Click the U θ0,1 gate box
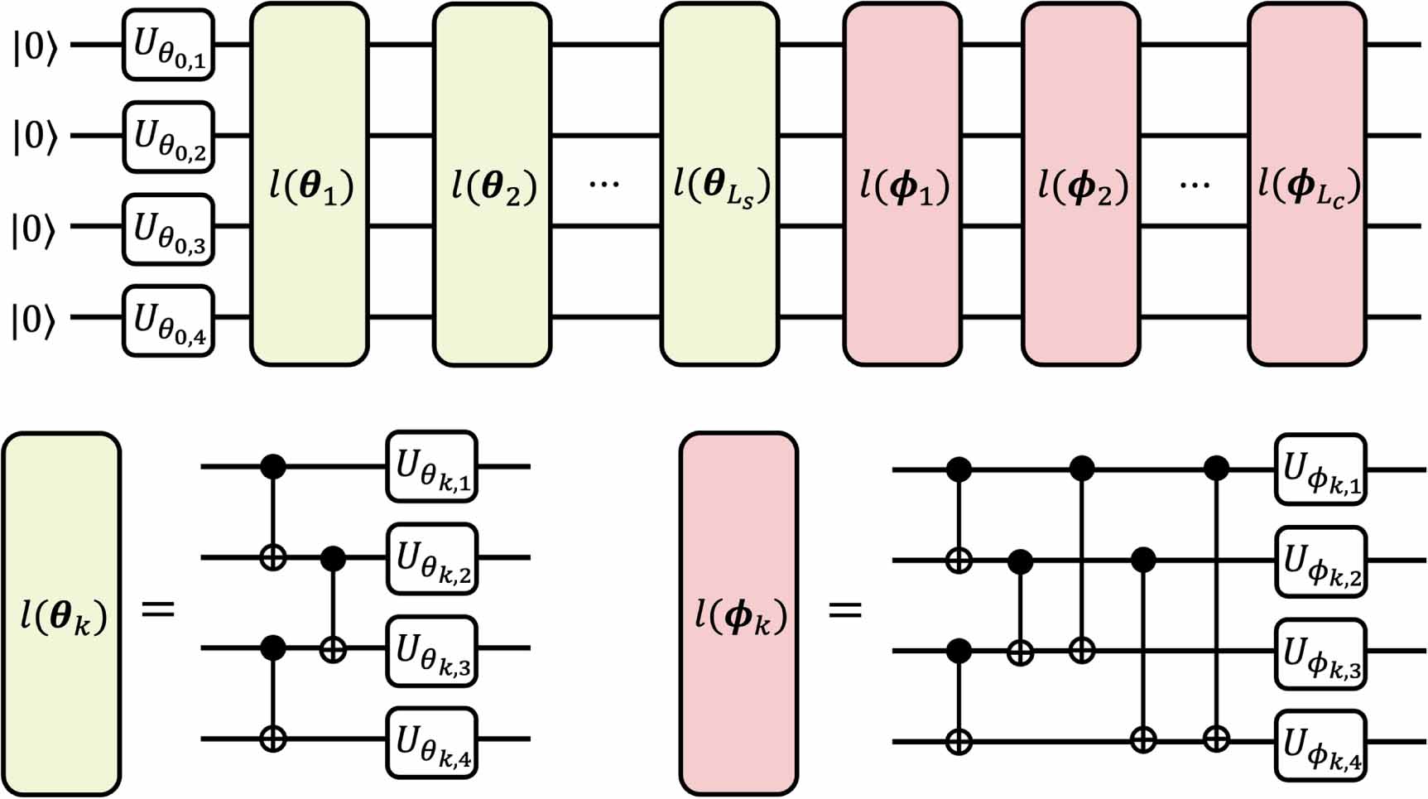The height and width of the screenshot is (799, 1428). tap(169, 45)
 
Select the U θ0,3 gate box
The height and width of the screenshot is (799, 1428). tap(169, 229)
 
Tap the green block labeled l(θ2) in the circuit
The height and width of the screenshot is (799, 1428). tap(493, 184)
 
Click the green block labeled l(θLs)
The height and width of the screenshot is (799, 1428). tap(719, 184)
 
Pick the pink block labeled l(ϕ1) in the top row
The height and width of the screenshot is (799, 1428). tap(902, 184)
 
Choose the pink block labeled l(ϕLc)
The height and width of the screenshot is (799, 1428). tap(1307, 184)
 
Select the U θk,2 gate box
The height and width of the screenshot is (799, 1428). tap(432, 559)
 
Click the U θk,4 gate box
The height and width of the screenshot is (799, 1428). tap(432, 742)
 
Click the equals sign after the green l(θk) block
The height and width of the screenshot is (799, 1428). tap(158, 611)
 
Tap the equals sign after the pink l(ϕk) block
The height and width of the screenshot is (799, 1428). tap(844, 611)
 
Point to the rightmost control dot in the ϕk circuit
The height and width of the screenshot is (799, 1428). tap(1215, 469)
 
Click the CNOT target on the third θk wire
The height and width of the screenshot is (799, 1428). tap(333, 651)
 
